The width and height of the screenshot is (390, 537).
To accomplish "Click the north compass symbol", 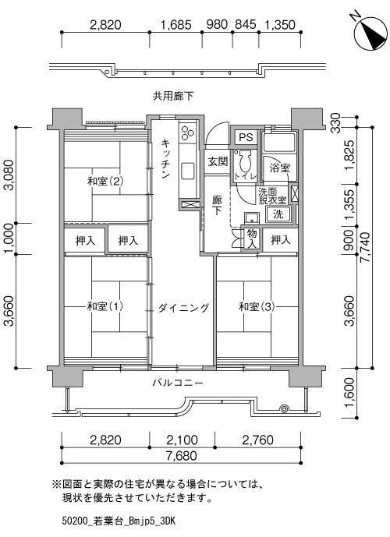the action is [370, 34].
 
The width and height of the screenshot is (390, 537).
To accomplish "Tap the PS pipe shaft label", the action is [246, 137].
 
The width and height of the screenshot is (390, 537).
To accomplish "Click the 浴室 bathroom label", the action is [280, 168].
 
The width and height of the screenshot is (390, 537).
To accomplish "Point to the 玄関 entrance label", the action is [218, 161].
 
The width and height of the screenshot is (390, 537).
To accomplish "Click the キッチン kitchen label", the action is [165, 158].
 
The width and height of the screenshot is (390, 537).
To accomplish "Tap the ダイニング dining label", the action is [183, 308].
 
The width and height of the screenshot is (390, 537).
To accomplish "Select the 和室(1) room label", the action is [105, 306].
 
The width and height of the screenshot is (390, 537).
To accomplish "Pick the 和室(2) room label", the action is [105, 181].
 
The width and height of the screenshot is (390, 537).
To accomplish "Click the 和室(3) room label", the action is [257, 306].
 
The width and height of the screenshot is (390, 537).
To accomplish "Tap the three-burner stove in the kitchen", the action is [187, 132].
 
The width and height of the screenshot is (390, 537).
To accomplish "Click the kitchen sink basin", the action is [187, 170].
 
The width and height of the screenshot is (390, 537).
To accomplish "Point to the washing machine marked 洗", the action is [278, 215].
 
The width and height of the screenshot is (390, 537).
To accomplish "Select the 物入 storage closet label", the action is [252, 239].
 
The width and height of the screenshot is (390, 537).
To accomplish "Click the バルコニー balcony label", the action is [178, 383].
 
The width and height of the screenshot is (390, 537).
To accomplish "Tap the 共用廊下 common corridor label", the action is [172, 96].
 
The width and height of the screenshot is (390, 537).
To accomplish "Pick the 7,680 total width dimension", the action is [182, 456].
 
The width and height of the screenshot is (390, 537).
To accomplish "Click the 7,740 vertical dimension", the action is [366, 247].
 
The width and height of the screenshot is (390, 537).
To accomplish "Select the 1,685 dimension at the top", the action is [175, 24].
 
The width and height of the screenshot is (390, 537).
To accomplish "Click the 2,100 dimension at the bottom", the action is [182, 440].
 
